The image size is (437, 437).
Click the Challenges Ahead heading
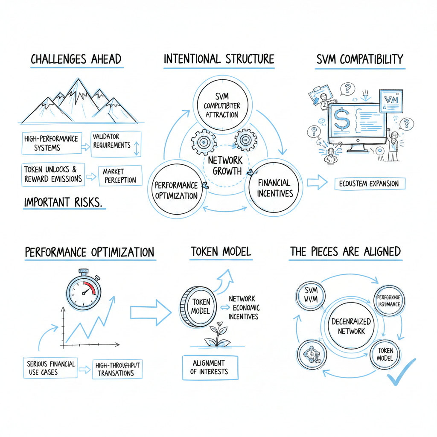tap(76, 59)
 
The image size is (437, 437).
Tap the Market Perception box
tap(120, 176)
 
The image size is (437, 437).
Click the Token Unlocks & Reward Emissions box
tap(52, 174)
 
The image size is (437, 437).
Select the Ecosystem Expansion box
tap(369, 184)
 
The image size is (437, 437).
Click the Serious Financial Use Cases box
tap(51, 368)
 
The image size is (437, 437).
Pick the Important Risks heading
tap(63, 202)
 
